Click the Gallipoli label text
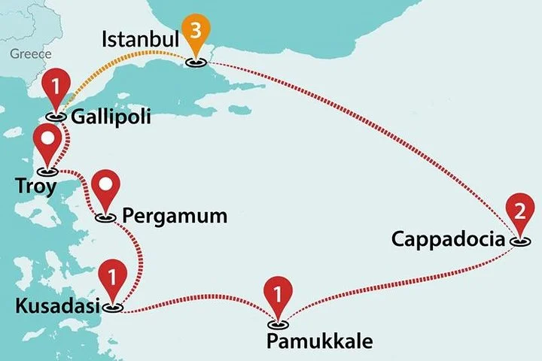112,117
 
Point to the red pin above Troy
48,141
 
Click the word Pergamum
174,216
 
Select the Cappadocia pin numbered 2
519,213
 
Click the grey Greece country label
31,54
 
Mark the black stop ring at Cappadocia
519,242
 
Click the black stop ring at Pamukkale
279,325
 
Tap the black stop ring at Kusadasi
113,307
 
